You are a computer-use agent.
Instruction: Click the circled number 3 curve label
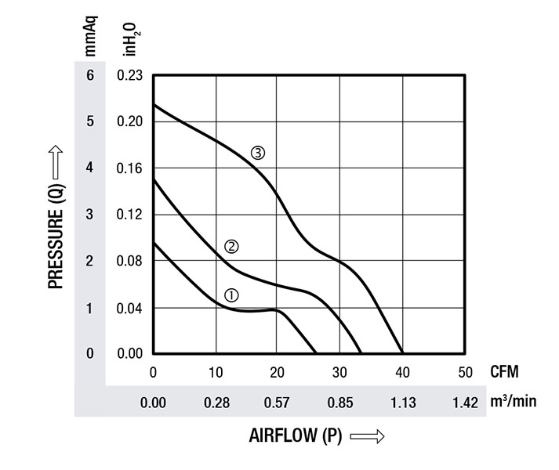tap(258, 154)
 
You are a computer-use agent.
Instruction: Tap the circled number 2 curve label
tap(231, 247)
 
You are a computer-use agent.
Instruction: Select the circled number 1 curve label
tap(231, 295)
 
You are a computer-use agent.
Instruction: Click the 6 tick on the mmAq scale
tap(90, 76)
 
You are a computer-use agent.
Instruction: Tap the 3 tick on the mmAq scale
tap(90, 215)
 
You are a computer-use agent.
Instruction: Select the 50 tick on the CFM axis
tap(465, 371)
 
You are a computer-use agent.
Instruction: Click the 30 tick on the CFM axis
tap(340, 371)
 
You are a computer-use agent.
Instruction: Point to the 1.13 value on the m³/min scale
tap(402, 403)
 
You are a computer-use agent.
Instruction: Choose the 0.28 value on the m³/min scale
tap(216, 403)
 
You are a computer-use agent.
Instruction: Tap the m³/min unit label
tap(514, 402)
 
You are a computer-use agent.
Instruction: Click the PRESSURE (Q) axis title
tap(56, 215)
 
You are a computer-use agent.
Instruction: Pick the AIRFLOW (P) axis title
tap(296, 436)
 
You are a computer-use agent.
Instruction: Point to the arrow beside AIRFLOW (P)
tap(367, 437)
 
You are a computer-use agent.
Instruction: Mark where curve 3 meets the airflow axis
tap(402, 353)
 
